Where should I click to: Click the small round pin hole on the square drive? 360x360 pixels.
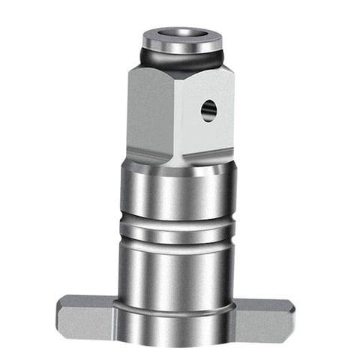tap(208, 111)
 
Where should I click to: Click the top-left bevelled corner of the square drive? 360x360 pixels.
tap(133, 69)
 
